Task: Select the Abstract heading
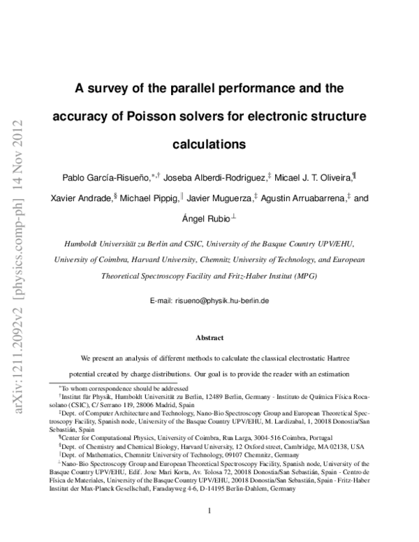[x=209, y=338]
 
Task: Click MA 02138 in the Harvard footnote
[x=330, y=446]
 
